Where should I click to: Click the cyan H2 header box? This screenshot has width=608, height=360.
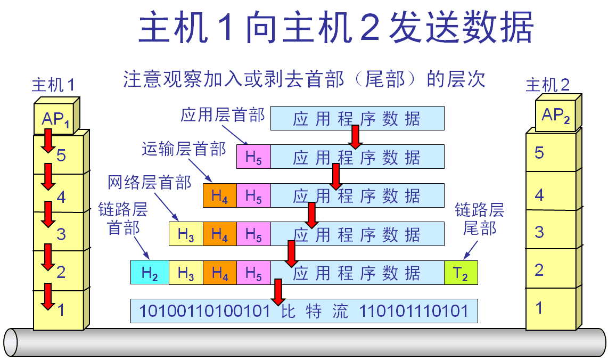[150, 273]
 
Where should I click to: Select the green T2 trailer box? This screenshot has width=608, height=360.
[461, 273]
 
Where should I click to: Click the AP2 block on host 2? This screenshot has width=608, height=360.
[555, 114]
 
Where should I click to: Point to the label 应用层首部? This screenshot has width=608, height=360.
[223, 115]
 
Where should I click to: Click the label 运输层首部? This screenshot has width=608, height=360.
[184, 149]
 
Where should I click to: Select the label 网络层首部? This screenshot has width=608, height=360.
[150, 183]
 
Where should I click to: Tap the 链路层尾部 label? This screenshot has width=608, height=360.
[479, 219]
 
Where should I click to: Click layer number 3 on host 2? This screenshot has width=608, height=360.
[539, 232]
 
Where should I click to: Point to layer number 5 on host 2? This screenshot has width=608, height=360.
[539, 153]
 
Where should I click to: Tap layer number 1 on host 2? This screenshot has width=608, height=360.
[539, 308]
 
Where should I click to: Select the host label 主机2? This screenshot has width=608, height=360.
[548, 85]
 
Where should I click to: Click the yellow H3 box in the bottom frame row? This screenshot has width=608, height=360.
[186, 273]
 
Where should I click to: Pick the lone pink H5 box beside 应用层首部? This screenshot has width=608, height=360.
[253, 157]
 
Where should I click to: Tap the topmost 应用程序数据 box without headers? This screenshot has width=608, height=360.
[357, 118]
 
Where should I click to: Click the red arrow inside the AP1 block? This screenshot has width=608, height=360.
[48, 140]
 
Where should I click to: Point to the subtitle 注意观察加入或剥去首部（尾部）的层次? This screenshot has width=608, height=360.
[305, 80]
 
